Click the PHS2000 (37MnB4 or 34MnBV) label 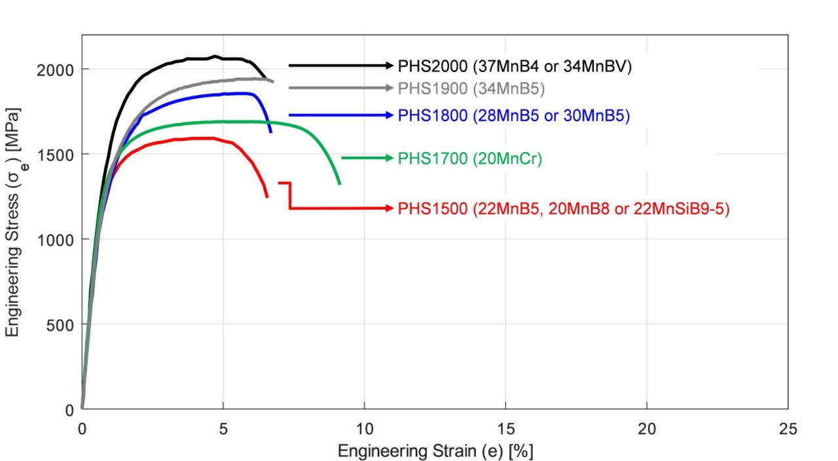(515, 65)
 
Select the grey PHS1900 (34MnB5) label (471, 88)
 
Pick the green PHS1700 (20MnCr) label (470, 158)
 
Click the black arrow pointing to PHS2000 (340, 65)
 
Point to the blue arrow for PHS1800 (340, 115)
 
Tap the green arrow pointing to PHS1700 (367, 158)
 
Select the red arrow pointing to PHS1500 (340, 208)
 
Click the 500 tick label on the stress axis (64, 324)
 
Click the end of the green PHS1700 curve (340, 184)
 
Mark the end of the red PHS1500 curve (266, 196)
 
